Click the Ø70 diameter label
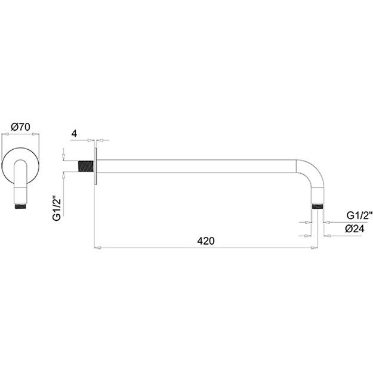(x=21, y=127)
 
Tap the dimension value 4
(x=74, y=134)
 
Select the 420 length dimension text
(x=206, y=241)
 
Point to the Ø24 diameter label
(x=354, y=229)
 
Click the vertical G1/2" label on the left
(x=57, y=208)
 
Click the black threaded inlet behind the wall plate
(x=85, y=166)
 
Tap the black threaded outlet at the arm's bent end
(x=317, y=206)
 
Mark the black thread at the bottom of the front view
(x=20, y=206)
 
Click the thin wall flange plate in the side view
(x=95, y=166)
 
